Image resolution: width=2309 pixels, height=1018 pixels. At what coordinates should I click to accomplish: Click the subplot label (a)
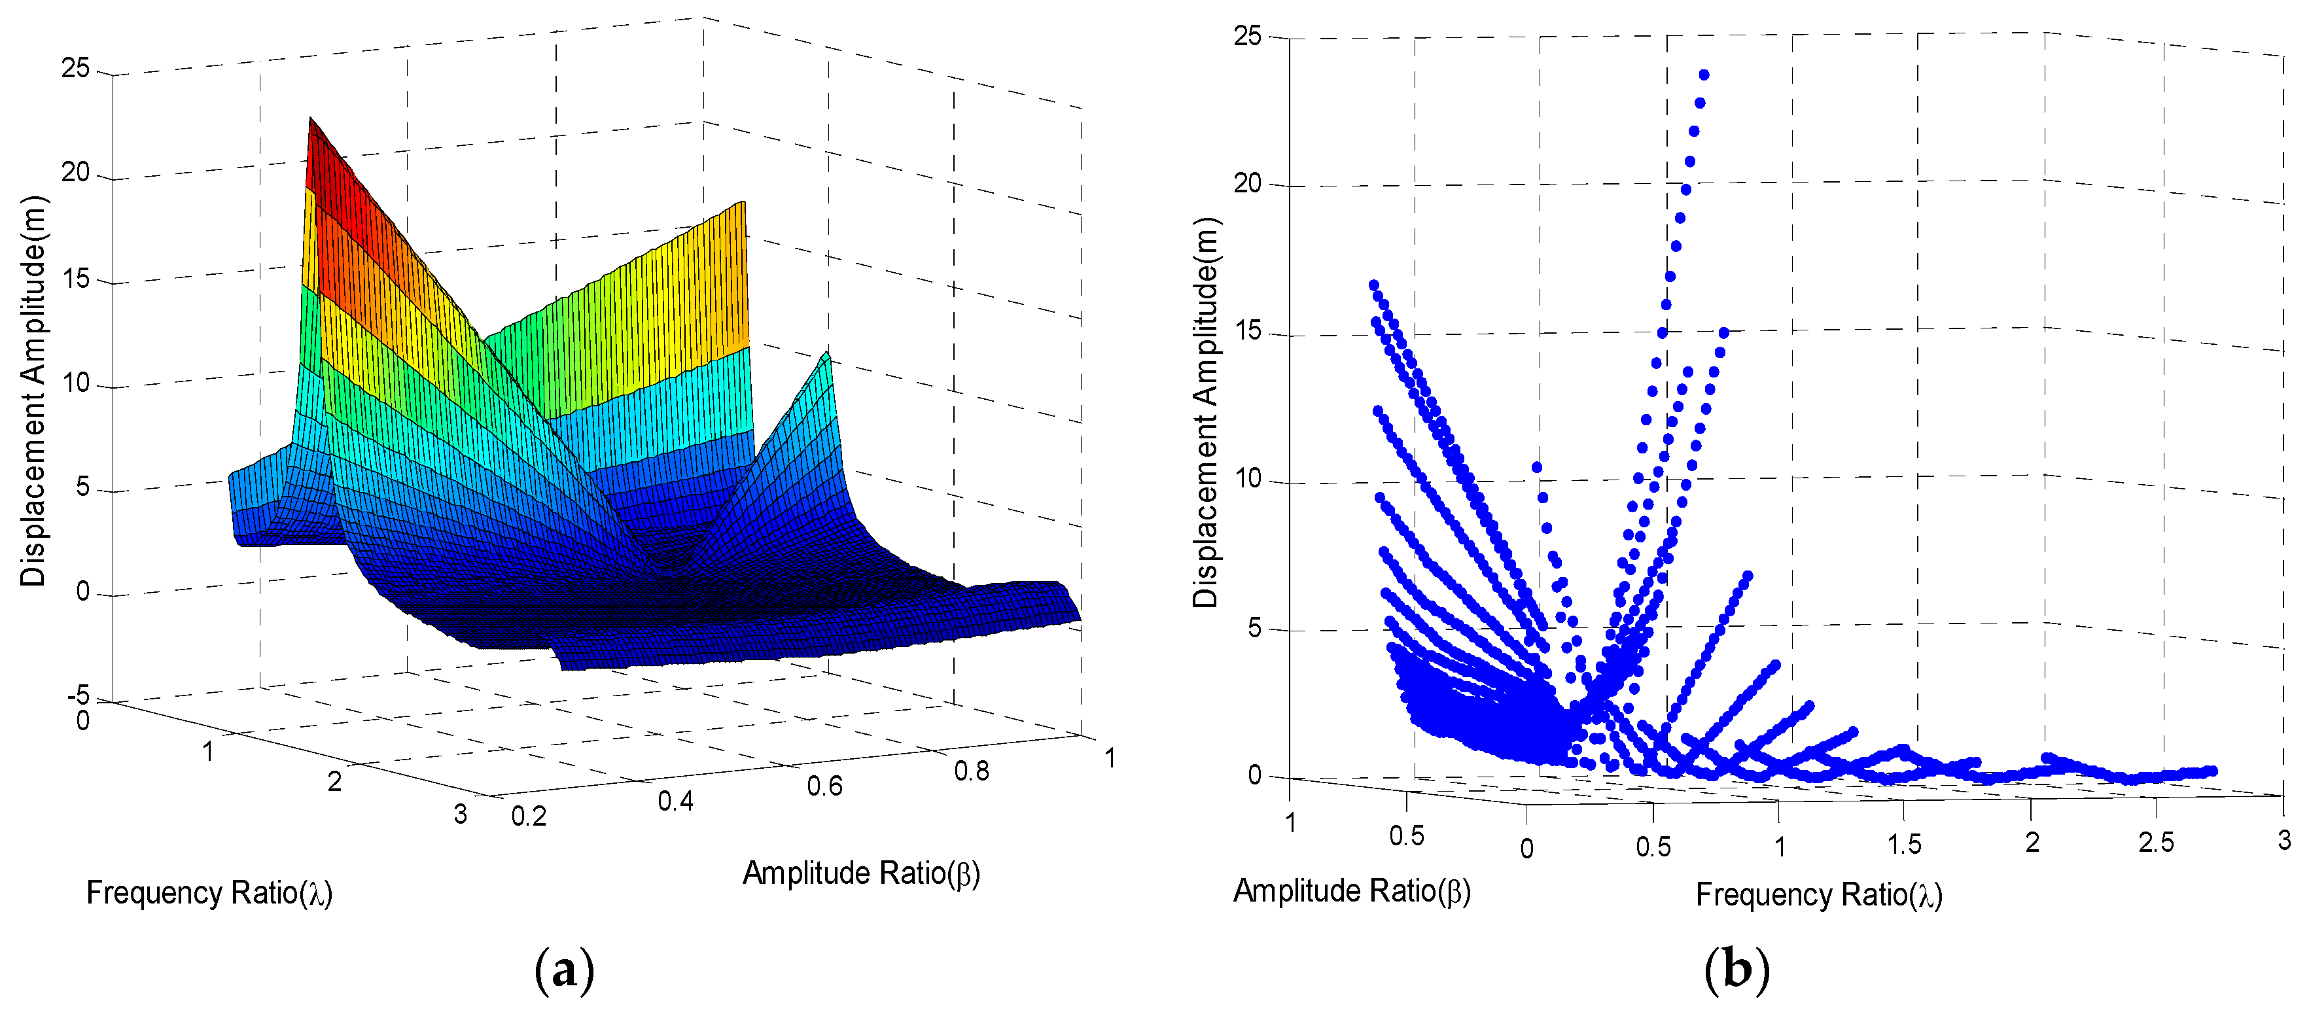coord(564,970)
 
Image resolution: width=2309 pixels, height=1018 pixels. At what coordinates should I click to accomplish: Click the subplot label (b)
coord(1736,970)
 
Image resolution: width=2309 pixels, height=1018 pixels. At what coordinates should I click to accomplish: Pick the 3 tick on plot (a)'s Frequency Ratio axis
coord(460,814)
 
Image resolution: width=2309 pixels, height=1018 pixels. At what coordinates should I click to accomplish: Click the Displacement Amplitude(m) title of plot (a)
coord(33,392)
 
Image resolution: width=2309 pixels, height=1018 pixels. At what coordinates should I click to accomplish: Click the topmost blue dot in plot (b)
coord(1704,75)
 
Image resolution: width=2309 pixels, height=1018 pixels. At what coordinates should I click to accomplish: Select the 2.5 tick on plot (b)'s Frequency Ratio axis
coord(2156,843)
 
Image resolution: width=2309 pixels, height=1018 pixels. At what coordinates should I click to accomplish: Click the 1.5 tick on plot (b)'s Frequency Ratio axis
coord(1904,844)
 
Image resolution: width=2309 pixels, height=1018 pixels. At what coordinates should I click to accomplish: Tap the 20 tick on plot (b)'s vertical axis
coord(1247,184)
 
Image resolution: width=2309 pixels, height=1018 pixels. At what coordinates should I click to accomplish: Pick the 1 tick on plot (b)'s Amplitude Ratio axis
coord(1290,822)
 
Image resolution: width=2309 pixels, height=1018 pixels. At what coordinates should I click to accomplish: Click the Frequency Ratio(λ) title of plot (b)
coord(1819,895)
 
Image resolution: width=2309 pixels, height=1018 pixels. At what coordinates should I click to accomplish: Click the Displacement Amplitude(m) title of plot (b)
coord(1207,413)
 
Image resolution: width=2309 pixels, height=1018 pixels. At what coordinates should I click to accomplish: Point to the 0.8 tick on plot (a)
coord(971,771)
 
